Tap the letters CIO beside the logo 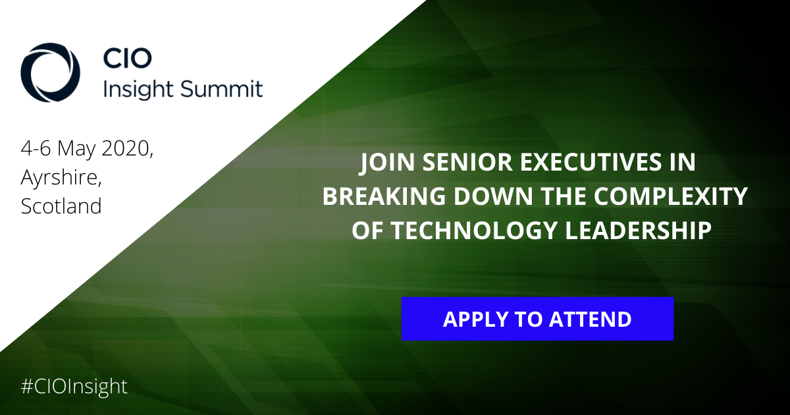pos(127,58)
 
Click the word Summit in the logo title pos(221,88)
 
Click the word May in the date pos(76,150)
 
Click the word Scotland pos(61,206)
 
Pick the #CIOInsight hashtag pos(74,387)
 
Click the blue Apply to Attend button pos(537,319)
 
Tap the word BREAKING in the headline pos(384,196)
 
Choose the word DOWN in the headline pos(493,196)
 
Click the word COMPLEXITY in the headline pos(671,196)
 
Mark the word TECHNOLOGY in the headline pos(474,231)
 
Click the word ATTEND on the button pos(590,319)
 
